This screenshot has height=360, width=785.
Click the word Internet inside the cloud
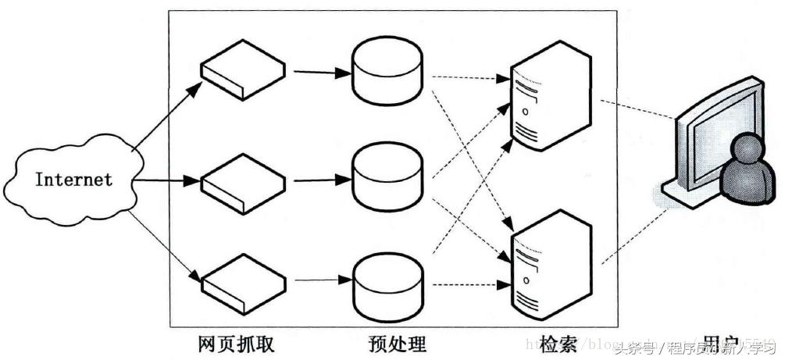(74, 180)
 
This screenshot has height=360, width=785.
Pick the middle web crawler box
(241, 181)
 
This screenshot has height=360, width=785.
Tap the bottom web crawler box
(241, 280)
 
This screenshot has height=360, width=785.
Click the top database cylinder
(387, 72)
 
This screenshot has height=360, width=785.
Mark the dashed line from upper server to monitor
(637, 109)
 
